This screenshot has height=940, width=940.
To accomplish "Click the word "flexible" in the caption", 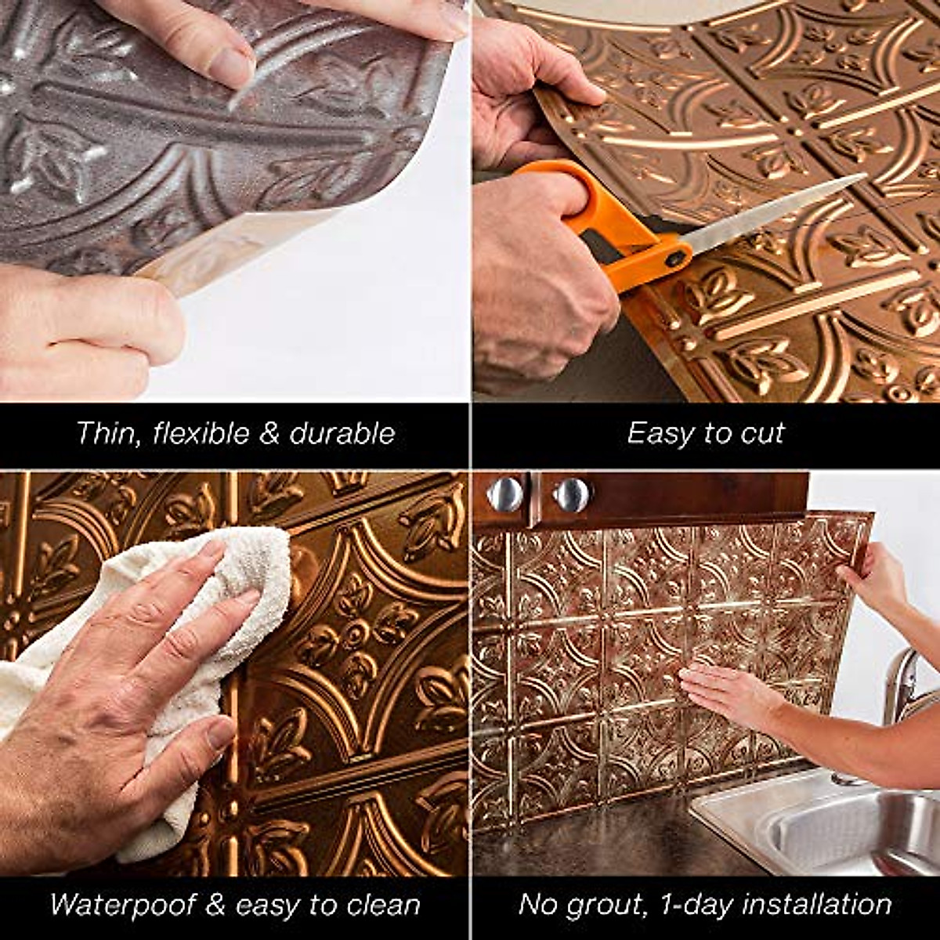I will tap(202, 433).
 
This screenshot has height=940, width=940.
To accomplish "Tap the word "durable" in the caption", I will tap(342, 433).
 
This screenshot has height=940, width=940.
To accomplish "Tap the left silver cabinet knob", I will tap(504, 494).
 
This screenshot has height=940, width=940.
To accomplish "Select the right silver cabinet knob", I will tap(571, 494).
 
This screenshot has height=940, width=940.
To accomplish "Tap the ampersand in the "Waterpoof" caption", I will tap(214, 905).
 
